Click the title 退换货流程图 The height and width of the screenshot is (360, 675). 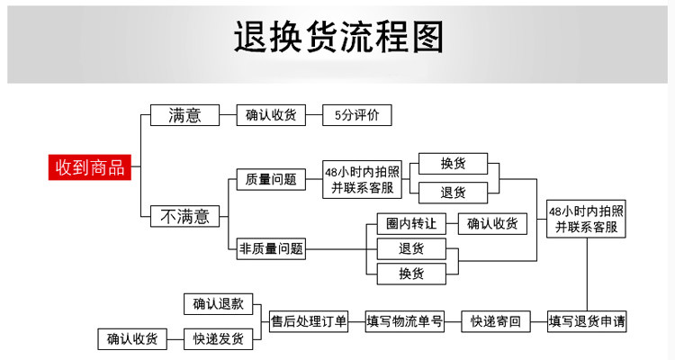pos(337,39)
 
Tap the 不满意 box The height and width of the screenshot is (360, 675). pos(184,216)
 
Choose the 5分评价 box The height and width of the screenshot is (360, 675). pos(356,115)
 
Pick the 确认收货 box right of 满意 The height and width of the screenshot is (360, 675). pos(270,115)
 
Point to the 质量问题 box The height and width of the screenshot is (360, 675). pos(270,179)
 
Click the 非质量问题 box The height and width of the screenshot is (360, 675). pos(270,248)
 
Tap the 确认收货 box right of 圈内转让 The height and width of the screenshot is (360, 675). pos(492,223)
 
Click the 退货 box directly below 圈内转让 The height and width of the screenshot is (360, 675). pos(411,248)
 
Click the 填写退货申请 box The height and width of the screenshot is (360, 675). pos(588,321)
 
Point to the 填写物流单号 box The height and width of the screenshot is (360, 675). pos(404,321)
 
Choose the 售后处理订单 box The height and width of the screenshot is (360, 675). pos(309,321)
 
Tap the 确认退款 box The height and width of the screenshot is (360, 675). pos(218,304)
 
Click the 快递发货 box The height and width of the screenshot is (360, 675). pos(218,339)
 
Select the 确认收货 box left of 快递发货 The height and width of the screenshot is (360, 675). pos(131,339)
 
